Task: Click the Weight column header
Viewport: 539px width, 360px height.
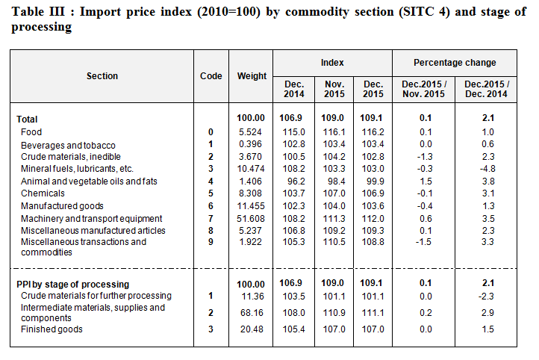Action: click(252, 76)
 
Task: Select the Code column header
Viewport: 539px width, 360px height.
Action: click(211, 76)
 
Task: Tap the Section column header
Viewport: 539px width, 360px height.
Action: click(102, 76)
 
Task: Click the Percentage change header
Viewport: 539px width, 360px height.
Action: click(455, 63)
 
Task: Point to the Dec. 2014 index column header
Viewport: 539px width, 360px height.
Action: click(294, 89)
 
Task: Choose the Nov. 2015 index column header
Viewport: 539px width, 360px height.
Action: click(333, 89)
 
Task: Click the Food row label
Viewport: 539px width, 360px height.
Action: click(31, 132)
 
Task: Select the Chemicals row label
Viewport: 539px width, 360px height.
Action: click(43, 193)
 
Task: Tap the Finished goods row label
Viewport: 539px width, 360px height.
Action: click(52, 330)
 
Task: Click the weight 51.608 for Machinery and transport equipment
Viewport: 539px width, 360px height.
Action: click(252, 218)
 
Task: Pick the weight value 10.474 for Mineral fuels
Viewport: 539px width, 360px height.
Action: click(252, 169)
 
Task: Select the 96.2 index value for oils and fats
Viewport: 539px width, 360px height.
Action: click(294, 181)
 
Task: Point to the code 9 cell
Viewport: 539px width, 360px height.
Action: click(211, 242)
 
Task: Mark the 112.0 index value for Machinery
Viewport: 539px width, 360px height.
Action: click(373, 218)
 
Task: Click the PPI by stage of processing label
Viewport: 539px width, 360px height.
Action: click(73, 285)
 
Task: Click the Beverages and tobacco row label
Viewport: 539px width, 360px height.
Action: click(68, 144)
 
